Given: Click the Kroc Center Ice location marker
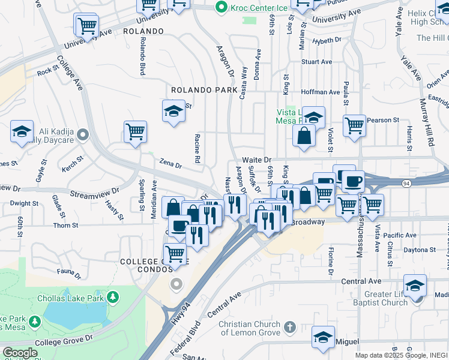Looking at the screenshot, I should point(221,8).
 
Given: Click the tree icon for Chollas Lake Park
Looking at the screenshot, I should point(112,297).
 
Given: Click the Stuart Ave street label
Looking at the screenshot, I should point(316,62).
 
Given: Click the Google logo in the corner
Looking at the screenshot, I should point(20,353).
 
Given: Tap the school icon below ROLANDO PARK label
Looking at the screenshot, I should point(173,111).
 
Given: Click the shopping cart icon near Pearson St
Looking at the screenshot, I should point(354,125).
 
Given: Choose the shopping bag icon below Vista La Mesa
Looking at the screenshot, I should point(304,136).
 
